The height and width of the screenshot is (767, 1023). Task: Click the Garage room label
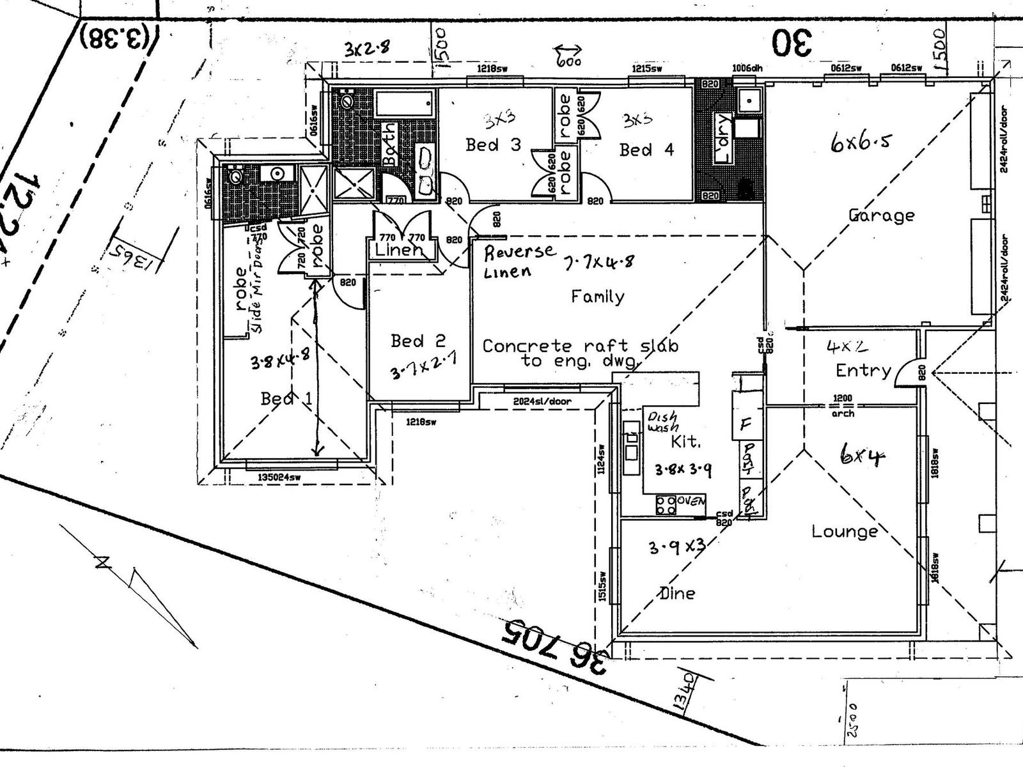pyautogui.click(x=880, y=215)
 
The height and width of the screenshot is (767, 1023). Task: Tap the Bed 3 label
pyautogui.click(x=493, y=145)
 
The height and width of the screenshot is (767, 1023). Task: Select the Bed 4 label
pyautogui.click(x=646, y=150)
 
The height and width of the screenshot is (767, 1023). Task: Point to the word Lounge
pyautogui.click(x=845, y=531)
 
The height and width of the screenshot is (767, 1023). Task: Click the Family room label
pyautogui.click(x=597, y=297)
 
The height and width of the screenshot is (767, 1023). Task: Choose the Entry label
pyautogui.click(x=863, y=370)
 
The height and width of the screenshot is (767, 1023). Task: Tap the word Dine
pyautogui.click(x=677, y=593)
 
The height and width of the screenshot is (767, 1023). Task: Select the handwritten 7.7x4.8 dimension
pyautogui.click(x=598, y=261)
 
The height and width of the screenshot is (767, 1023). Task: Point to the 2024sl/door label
pyautogui.click(x=542, y=401)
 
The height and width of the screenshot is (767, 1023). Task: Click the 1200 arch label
pyautogui.click(x=843, y=405)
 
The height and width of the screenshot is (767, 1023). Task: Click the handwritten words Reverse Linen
pyautogui.click(x=519, y=261)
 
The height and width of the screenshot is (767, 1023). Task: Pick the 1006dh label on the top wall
pyautogui.click(x=747, y=68)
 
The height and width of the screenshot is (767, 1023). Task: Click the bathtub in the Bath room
pyautogui.click(x=405, y=103)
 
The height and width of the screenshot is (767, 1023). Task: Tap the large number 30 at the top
pyautogui.click(x=793, y=43)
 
